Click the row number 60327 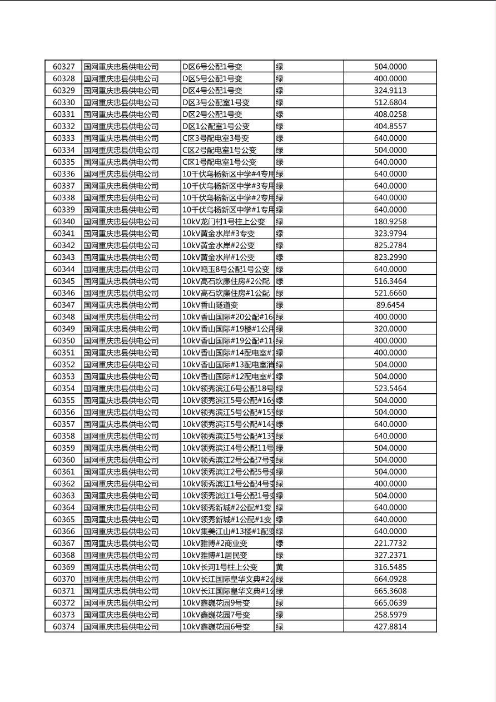point(63,67)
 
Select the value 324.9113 point(390,91)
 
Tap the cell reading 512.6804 point(390,102)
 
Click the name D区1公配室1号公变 point(216,126)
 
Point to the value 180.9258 point(390,221)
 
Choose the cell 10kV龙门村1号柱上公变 point(224,221)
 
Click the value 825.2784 point(390,245)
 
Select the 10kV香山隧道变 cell point(210,305)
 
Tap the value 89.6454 point(390,305)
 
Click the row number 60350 point(63,340)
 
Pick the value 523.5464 point(390,388)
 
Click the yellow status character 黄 point(280,567)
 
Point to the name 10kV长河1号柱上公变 point(220,567)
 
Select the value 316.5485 point(390,567)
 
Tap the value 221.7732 point(390,543)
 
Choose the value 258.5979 point(390,615)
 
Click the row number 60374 point(63,626)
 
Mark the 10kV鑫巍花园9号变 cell point(216,602)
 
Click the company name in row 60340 point(121,221)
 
